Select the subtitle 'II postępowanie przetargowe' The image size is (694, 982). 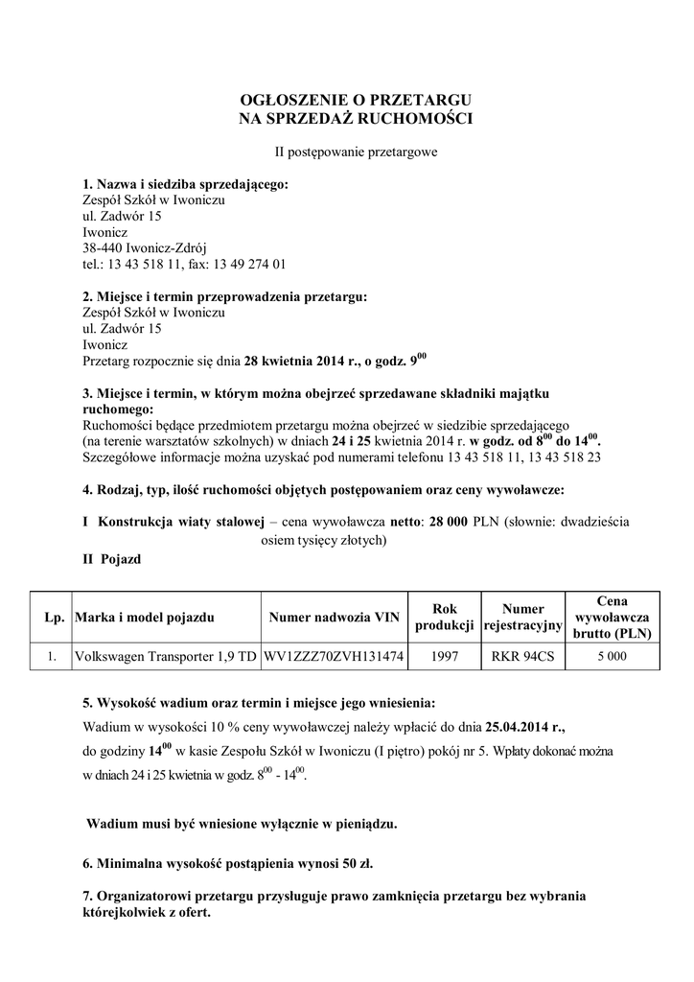[357, 151]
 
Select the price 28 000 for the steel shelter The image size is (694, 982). [450, 523]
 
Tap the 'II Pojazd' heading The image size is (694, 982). [114, 559]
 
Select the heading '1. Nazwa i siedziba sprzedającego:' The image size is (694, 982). [185, 185]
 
